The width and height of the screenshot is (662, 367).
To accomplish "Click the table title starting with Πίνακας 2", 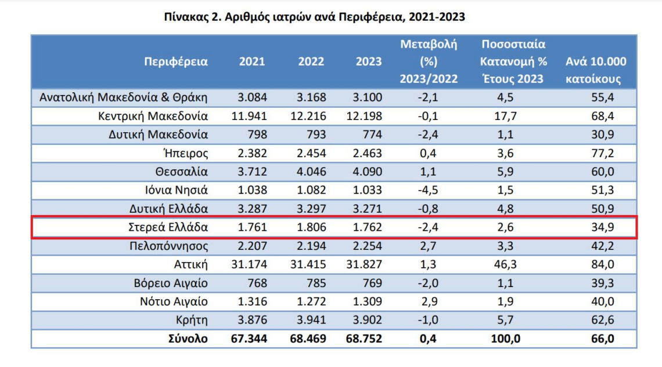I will coord(315,17).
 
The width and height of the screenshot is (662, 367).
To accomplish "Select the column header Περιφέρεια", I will coord(175,61).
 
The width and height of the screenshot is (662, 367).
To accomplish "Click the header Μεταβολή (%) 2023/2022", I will coord(428,61).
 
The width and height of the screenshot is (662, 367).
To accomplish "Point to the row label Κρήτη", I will coord(191,320).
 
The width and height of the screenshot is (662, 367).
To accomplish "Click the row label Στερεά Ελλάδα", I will coord(167,228).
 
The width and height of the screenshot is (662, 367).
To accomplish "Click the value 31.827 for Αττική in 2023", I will coord(365,264).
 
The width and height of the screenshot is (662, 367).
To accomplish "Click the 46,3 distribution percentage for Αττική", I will coord(505,264).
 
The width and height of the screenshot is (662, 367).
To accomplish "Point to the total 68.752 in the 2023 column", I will coord(365,339).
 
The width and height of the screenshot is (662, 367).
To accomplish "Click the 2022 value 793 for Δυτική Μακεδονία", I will coord(314,135).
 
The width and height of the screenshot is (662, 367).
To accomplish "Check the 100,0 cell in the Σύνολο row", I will coord(505,339).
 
